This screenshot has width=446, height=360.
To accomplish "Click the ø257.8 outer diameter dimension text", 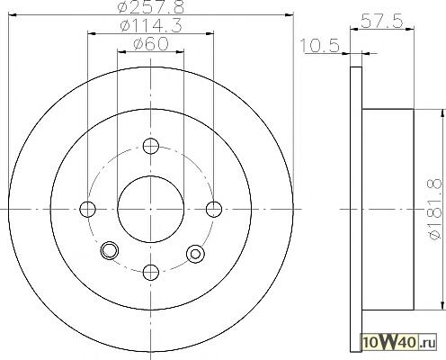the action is pyautogui.click(x=151, y=7).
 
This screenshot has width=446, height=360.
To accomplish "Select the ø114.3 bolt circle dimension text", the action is pyautogui.click(x=151, y=26).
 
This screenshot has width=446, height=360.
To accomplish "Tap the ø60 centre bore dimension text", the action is pyautogui.click(x=151, y=44).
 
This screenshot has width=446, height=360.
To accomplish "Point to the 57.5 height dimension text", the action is pyautogui.click(x=381, y=21).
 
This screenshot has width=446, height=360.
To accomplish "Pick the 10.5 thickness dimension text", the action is pyautogui.click(x=319, y=46).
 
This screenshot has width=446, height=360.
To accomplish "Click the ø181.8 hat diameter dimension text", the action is pyautogui.click(x=435, y=209).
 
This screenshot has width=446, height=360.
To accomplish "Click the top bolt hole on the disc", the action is pyautogui.click(x=151, y=146).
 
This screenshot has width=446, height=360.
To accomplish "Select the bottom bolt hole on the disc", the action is pyautogui.click(x=151, y=272).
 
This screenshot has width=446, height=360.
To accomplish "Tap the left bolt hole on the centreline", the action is pyautogui.click(x=88, y=209).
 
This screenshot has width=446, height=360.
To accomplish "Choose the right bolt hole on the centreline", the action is pyautogui.click(x=214, y=209).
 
